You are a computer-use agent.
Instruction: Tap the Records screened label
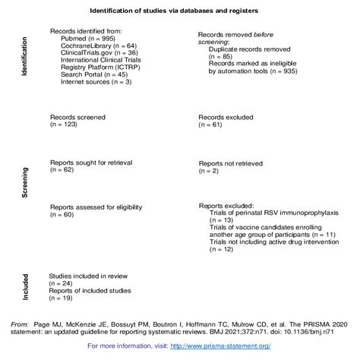coord(77,118)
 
